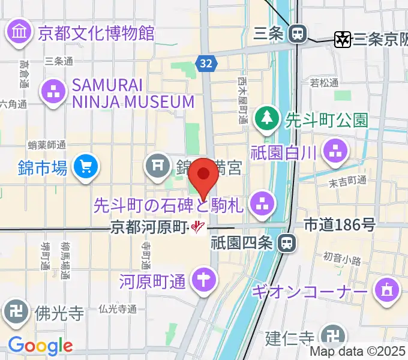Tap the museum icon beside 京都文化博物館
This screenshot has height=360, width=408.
(20, 31)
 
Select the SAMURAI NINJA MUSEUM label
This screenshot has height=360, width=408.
(133, 93)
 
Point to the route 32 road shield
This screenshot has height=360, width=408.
(206, 63)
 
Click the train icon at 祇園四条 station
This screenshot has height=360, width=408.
(287, 243)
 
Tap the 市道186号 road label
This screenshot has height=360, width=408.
(340, 225)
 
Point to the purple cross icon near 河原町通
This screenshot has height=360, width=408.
(203, 280)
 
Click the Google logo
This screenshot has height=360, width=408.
(40, 346)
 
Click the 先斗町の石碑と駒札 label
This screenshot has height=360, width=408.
(169, 206)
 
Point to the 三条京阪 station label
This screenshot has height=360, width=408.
(380, 40)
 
